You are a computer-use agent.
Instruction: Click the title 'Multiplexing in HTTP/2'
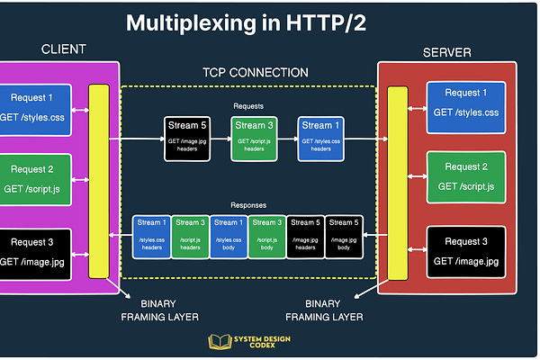269,23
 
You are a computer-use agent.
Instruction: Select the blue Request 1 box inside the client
40,108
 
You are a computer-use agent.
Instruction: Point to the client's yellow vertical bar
99,180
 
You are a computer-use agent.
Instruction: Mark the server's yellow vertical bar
397,180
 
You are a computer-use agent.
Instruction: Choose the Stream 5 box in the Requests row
186,139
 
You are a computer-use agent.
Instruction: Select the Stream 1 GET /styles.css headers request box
319,139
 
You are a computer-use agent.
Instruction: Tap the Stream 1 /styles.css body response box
227,236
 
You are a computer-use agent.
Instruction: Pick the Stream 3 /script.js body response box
265,236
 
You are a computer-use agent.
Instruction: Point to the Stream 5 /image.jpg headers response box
304,236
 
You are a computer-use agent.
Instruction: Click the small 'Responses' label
247,204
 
